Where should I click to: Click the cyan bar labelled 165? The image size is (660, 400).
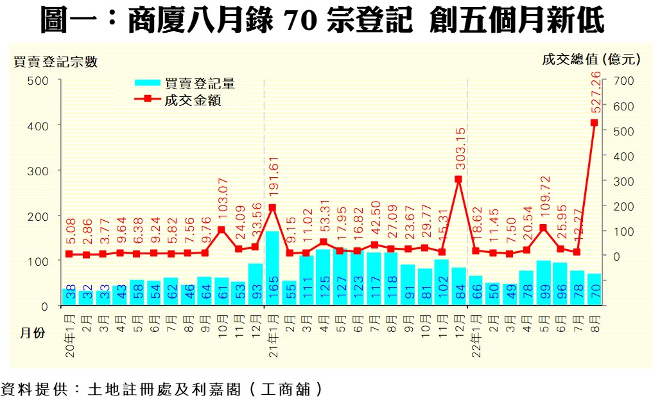tap(272, 270)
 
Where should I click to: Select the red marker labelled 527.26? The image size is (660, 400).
tap(594, 123)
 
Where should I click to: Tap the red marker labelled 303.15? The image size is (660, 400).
tap(458, 180)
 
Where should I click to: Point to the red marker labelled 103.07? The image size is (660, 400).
tap(221, 229)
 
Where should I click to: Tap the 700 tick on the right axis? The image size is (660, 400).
tap(623, 81)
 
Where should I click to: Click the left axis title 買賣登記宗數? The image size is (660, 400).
tap(56, 62)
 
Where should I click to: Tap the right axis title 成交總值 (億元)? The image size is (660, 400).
tap(591, 60)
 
